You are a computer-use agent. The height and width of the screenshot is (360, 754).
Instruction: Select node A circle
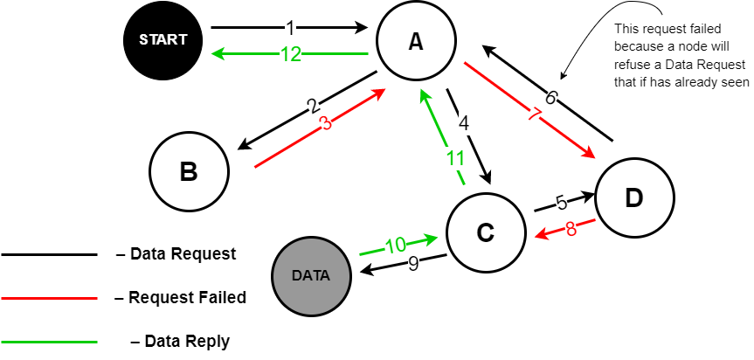(416, 42)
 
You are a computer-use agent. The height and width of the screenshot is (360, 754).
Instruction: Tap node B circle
(189, 172)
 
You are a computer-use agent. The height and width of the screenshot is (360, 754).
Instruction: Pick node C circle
(486, 232)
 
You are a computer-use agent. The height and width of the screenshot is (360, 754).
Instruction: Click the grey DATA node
(311, 275)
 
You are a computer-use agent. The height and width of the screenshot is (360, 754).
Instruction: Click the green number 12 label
(290, 54)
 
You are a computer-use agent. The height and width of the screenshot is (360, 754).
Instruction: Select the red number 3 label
(326, 123)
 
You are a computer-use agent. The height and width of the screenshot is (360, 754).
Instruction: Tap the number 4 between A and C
(464, 122)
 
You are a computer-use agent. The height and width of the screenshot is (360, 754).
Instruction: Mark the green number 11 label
(453, 158)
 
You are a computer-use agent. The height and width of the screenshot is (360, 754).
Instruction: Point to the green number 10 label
(396, 245)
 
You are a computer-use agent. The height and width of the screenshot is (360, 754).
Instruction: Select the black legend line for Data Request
(49, 255)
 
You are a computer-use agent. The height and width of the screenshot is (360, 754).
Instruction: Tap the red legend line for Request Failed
(49, 298)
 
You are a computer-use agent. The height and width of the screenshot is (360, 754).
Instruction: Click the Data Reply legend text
(179, 341)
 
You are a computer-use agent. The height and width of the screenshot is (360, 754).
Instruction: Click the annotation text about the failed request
(681, 56)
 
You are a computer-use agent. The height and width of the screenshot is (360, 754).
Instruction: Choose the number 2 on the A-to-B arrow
(312, 107)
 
